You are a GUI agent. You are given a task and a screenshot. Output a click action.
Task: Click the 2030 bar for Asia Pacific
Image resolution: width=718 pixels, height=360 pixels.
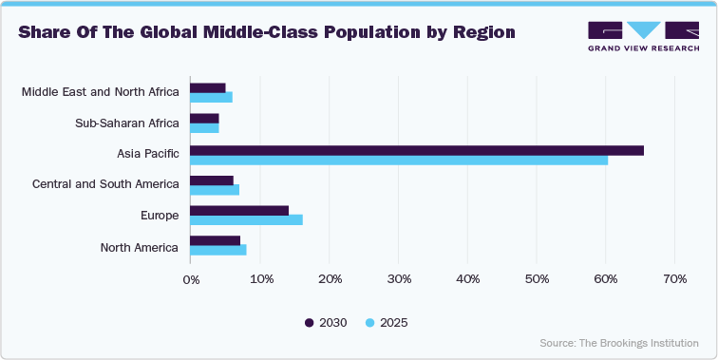(416, 150)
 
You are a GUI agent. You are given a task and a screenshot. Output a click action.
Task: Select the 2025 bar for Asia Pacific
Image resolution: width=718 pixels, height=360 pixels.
(399, 160)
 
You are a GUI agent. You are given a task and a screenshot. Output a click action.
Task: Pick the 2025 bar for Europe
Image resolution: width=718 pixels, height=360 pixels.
(246, 220)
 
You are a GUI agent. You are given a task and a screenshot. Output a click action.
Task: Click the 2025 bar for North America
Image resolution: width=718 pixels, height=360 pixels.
(218, 251)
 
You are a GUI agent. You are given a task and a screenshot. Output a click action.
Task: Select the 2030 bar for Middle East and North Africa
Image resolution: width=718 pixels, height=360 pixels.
(208, 87)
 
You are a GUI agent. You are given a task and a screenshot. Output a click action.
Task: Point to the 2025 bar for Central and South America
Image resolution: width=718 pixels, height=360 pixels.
(215, 190)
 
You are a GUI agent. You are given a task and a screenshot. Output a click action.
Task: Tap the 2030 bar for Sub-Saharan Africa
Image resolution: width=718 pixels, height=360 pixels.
(204, 118)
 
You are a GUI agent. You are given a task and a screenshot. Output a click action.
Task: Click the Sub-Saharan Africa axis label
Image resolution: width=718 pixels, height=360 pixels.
(126, 123)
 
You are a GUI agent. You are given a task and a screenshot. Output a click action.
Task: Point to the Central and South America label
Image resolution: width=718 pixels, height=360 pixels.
(105, 184)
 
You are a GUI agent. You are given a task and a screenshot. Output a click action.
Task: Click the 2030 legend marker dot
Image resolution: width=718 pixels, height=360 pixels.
(310, 323)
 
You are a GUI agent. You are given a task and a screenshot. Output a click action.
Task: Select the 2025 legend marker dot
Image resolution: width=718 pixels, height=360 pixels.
(370, 323)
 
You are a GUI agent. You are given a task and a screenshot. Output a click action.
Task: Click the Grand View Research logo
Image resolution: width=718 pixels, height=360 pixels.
(644, 35)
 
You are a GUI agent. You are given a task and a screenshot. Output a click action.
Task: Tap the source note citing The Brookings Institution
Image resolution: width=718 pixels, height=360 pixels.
(619, 343)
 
